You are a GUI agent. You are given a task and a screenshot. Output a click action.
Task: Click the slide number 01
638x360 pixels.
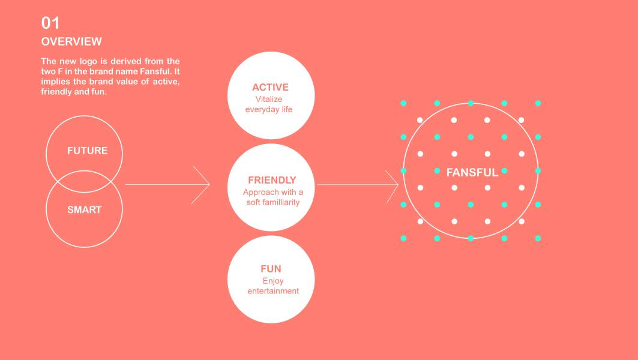coord(50,23)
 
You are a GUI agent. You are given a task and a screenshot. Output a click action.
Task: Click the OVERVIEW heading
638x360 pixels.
coord(71,42)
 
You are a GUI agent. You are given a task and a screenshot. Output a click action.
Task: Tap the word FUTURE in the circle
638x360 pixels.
coord(88,151)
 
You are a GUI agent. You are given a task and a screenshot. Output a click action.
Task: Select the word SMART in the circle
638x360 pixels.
coord(85,210)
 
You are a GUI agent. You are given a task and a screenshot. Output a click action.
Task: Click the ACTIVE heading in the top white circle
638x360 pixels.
coord(270,88)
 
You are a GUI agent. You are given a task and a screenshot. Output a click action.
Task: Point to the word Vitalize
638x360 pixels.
coord(269,99)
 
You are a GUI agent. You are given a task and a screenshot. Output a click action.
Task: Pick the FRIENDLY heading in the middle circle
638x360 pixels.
coord(272,180)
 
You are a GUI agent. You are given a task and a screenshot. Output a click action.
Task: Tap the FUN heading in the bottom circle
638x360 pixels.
coord(271,269)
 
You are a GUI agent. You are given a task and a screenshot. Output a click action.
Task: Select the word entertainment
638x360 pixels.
coord(273,291)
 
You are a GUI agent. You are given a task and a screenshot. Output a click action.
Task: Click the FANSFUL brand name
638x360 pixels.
coord(472,173)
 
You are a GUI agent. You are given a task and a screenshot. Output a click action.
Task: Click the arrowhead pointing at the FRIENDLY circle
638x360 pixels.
coord(206,185)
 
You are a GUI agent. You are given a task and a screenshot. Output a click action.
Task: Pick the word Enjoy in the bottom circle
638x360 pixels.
coord(273,281)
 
